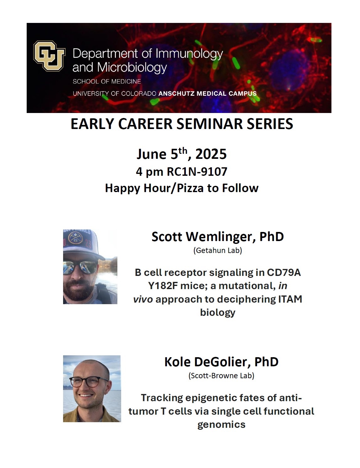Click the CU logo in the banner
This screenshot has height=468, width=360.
pos(49,56)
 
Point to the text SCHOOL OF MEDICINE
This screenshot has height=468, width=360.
pos(107,82)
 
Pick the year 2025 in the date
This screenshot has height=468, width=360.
pos(211,154)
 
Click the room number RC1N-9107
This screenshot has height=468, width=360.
pos(197,172)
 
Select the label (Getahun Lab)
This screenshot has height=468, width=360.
pos(218,250)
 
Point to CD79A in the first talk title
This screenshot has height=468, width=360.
pos(284,272)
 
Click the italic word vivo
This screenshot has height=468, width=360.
pos(143,299)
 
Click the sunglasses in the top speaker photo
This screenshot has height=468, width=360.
pos(80,267)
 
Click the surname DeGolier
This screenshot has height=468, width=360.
pos(223,362)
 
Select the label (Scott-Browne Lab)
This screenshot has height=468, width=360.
pos(221,375)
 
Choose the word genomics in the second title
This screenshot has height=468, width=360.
pos(221,424)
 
